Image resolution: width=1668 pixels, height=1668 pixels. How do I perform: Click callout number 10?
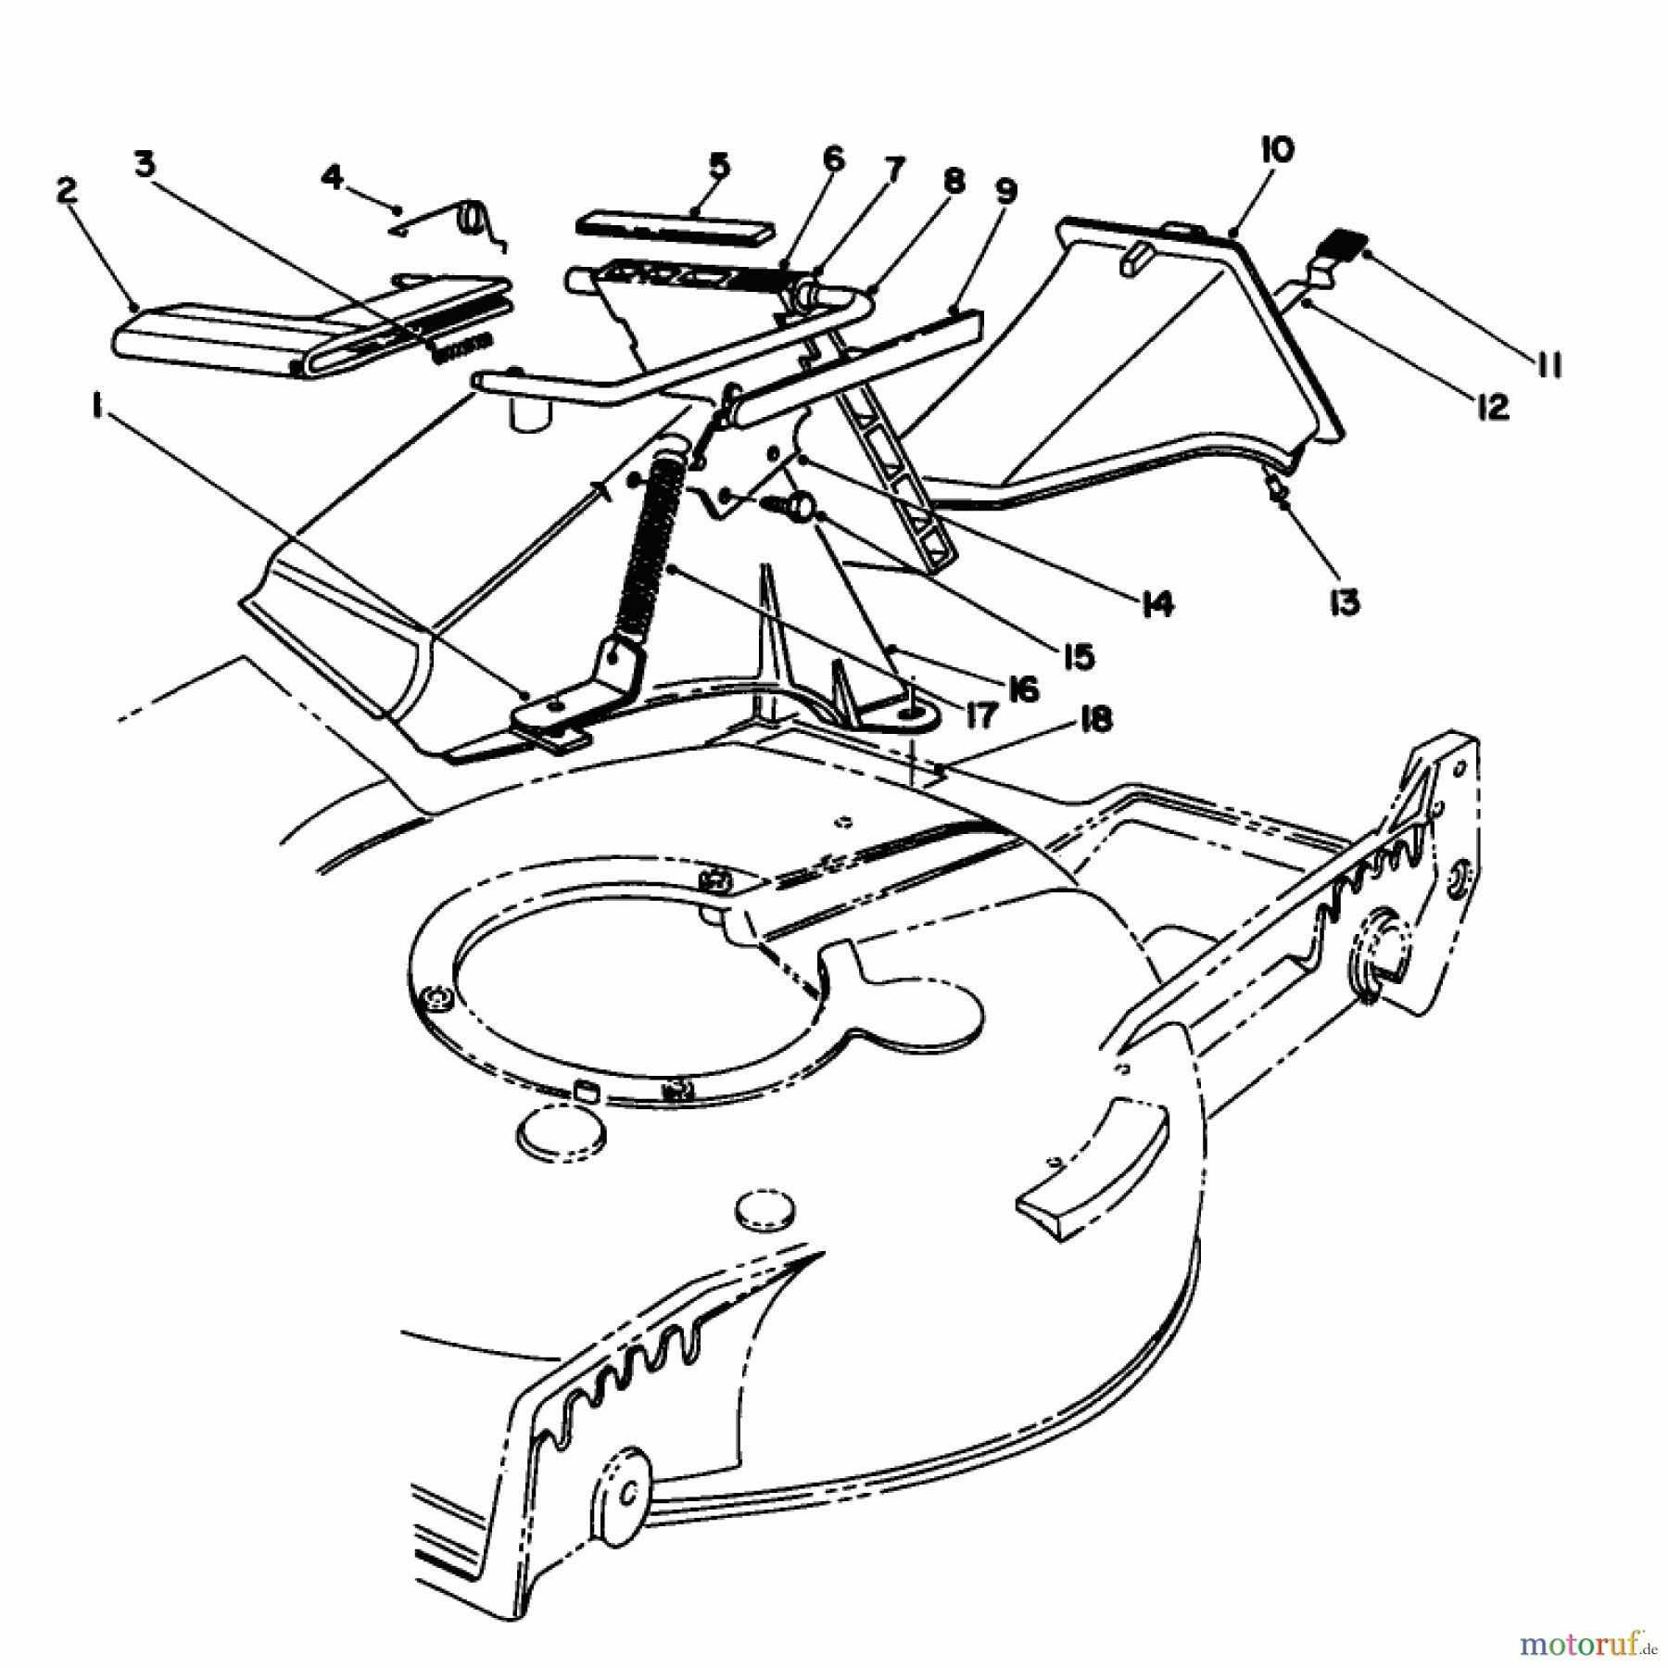1276,149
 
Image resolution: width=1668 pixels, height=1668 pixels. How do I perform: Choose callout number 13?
1345,602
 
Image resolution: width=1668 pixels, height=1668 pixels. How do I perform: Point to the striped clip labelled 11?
1350,245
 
